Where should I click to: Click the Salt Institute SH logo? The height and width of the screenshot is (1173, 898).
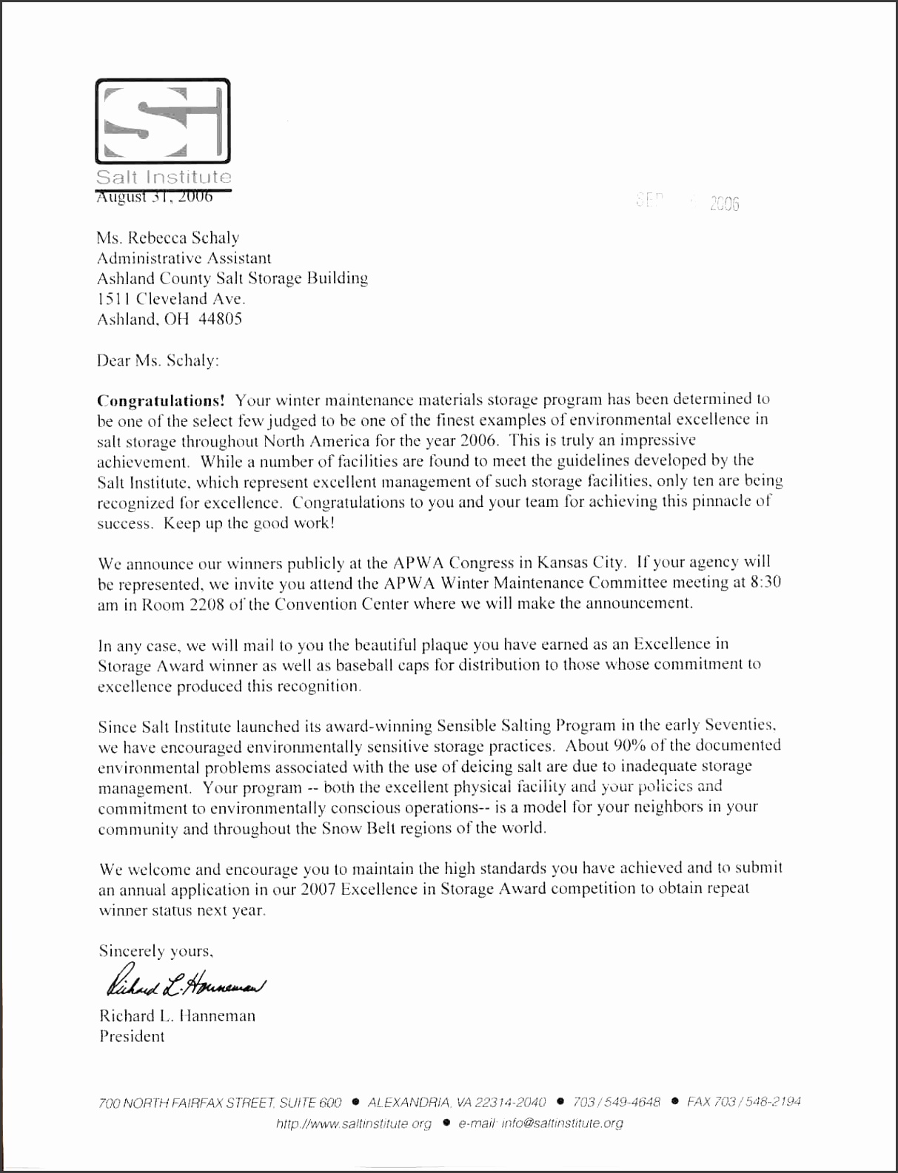[x=163, y=121]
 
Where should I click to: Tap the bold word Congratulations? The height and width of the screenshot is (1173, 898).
[x=161, y=400]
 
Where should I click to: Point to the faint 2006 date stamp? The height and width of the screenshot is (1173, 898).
[x=723, y=204]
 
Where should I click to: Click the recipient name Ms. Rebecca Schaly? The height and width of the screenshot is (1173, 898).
[x=168, y=238]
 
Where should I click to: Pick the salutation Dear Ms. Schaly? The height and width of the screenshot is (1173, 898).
[x=158, y=360]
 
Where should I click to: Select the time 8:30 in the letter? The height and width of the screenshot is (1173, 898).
[x=765, y=582]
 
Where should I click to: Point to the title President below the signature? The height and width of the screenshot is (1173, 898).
[x=132, y=1036]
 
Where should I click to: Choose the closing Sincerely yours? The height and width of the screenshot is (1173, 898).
[x=155, y=951]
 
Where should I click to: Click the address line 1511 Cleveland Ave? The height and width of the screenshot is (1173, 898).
[x=171, y=299]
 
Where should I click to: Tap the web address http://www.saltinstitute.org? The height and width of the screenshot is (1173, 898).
[x=353, y=1123]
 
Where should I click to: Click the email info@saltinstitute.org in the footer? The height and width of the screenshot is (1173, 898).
[x=561, y=1123]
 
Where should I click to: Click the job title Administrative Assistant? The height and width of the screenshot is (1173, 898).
[x=184, y=258]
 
